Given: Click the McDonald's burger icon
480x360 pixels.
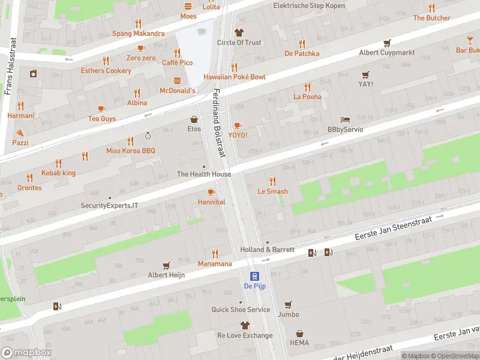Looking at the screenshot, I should [177, 80].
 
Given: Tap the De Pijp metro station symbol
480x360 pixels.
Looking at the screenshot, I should [255, 277].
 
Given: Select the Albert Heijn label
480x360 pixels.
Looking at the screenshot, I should [166, 275].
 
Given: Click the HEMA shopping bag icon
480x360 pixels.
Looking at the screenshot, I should [299, 334].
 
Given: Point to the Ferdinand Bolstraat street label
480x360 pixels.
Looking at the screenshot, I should [220, 123].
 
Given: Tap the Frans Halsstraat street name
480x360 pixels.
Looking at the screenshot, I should [9, 66].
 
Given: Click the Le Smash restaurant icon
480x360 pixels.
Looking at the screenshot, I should [272, 181].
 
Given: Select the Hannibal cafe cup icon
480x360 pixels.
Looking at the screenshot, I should [211, 192].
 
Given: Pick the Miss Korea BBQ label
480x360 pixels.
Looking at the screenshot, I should [131, 151].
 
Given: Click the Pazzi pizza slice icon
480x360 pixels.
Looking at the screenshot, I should [20, 133].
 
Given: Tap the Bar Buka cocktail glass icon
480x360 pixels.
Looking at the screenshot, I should [470, 40].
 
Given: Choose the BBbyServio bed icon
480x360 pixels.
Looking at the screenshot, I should [344, 119].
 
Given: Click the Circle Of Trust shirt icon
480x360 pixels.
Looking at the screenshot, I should [239, 32].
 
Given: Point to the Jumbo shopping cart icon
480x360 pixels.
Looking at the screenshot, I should [288, 304].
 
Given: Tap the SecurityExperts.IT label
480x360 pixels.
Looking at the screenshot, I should [109, 205].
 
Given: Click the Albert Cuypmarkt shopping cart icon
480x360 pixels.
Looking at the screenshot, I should [387, 43].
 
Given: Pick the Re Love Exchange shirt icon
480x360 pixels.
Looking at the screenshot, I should [245, 325].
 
